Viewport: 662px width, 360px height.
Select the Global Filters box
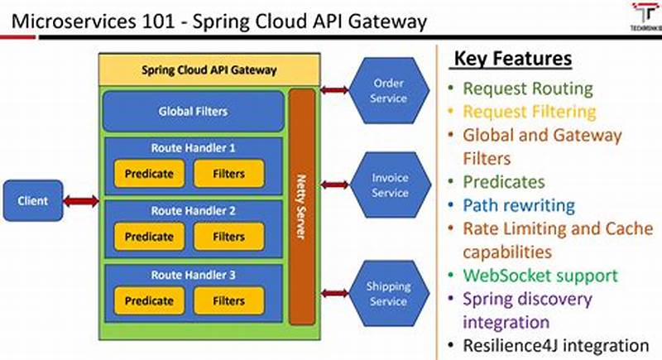tap(193, 111)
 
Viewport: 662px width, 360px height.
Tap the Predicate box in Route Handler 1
tap(149, 174)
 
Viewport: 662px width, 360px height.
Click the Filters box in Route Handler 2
tap(229, 237)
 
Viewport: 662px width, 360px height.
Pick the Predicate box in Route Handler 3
tap(149, 301)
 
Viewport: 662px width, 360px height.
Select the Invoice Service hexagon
tap(388, 185)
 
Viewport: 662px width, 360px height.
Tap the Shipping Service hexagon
tap(388, 294)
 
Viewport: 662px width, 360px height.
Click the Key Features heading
tap(511, 60)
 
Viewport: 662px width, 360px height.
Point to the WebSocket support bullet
tap(540, 275)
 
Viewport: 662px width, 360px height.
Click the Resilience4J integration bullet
tap(555, 345)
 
